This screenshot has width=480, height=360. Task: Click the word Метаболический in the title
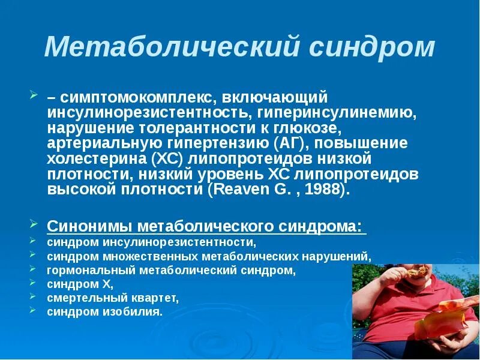[170, 47]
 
